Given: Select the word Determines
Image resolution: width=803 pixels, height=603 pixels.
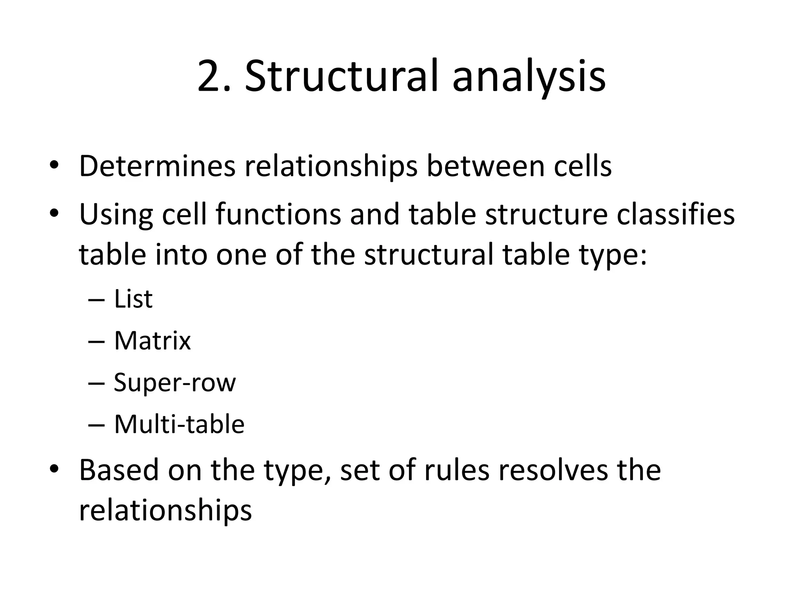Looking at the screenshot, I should (157, 166).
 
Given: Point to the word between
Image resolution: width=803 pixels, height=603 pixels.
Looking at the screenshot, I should (485, 166).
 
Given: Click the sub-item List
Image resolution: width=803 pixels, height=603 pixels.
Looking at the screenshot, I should (133, 299).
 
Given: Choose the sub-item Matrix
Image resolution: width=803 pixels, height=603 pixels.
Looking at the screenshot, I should (152, 340).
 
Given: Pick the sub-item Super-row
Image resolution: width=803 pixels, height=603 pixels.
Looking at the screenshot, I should (175, 383).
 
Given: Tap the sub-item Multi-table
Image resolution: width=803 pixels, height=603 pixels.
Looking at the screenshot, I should (179, 424).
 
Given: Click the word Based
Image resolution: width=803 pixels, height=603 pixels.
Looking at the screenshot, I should (119, 470).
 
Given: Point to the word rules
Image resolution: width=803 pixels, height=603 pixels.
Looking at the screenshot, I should (456, 470).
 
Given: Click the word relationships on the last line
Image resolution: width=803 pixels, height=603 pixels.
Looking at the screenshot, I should (165, 511).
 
